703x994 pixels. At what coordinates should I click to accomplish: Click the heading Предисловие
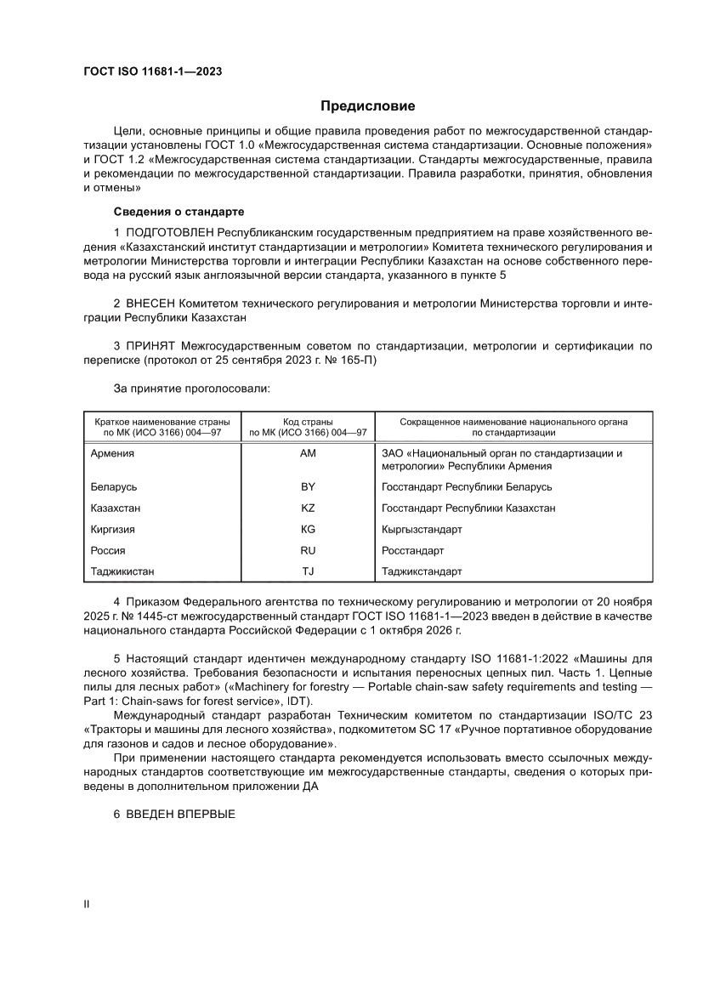(367, 106)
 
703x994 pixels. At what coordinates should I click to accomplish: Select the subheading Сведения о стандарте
(179, 211)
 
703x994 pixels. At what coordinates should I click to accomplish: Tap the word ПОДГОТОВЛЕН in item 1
(170, 231)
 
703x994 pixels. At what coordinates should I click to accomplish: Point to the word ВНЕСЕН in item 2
(153, 302)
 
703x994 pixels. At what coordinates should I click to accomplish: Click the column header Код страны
(308, 421)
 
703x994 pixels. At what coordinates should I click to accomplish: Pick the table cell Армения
(112, 453)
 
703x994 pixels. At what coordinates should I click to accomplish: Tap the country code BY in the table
(308, 486)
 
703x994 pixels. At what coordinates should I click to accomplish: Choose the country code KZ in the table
(308, 508)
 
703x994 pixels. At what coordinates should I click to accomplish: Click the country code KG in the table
(308, 529)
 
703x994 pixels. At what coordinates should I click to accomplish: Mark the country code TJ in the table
(308, 571)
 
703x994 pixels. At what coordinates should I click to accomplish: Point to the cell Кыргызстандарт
(422, 529)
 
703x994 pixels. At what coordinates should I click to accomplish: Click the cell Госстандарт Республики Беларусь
(468, 486)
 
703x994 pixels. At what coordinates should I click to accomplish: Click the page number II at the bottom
(86, 904)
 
